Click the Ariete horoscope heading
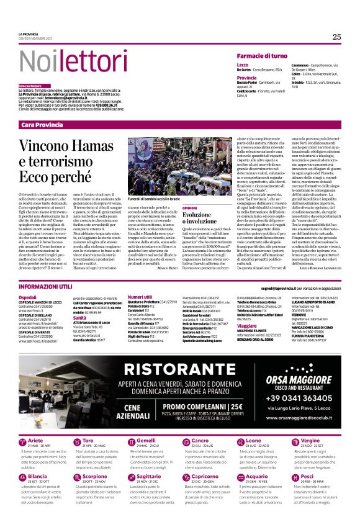[37, 440]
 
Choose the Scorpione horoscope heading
[94, 477]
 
